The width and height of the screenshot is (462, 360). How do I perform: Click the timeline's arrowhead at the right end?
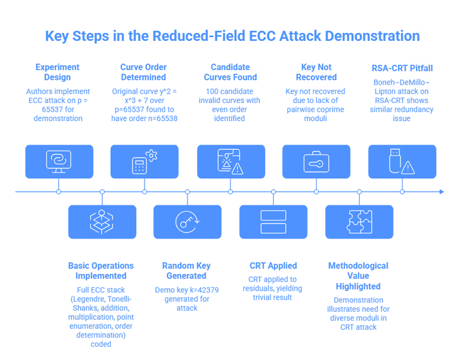pyautogui.click(x=442, y=192)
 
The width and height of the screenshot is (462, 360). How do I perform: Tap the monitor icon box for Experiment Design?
pyautogui.click(x=59, y=162)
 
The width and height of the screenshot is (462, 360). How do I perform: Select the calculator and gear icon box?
pyautogui.click(x=145, y=162)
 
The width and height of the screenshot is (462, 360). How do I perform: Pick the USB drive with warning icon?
pyautogui.click(x=401, y=162)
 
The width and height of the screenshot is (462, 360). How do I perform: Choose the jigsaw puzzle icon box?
pyautogui.click(x=359, y=222)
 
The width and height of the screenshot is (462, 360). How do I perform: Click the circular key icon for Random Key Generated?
pyautogui.click(x=187, y=222)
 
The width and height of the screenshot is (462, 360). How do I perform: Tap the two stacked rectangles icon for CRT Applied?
pyautogui.click(x=273, y=222)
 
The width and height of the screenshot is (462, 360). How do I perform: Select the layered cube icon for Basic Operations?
pyautogui.click(x=102, y=222)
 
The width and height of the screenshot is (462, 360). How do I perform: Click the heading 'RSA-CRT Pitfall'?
pyautogui.click(x=402, y=68)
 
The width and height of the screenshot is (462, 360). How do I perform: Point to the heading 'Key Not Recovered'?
pyautogui.click(x=316, y=72)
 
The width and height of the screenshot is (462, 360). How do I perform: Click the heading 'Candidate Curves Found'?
pyautogui.click(x=230, y=72)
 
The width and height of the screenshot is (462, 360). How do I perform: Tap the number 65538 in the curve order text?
pyautogui.click(x=167, y=118)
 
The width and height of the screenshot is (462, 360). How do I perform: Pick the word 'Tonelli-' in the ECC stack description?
pyautogui.click(x=119, y=299)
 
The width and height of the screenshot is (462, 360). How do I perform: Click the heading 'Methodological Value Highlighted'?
pyautogui.click(x=358, y=276)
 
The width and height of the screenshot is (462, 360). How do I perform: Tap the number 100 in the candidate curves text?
pyautogui.click(x=211, y=91)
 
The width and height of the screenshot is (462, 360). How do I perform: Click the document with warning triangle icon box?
pyautogui.click(x=231, y=162)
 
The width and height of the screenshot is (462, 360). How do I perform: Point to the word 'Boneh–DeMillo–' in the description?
pyautogui.click(x=401, y=83)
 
